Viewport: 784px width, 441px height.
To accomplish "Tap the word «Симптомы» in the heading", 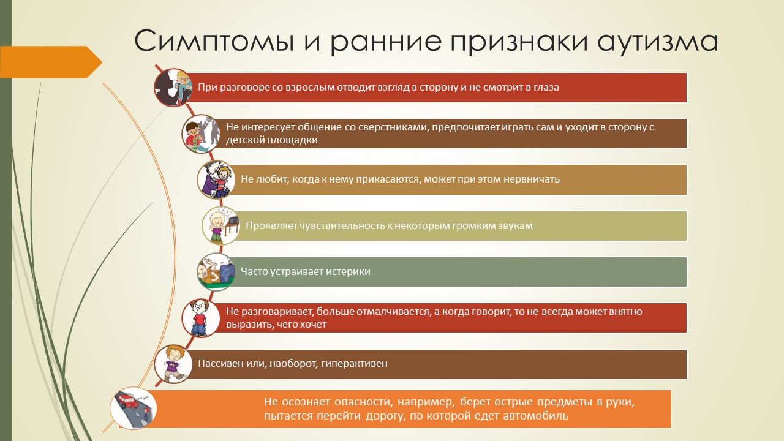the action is (x=214, y=41).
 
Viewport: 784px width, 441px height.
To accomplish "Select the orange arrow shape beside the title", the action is (x=51, y=62).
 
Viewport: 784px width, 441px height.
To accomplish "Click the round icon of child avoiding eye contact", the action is (x=173, y=88).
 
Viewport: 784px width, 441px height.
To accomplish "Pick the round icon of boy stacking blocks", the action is (x=201, y=134).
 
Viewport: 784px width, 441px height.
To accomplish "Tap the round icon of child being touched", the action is (x=216, y=179).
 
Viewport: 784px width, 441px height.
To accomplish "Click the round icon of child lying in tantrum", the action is (x=216, y=272).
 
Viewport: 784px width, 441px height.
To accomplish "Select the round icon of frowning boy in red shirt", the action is (x=201, y=318).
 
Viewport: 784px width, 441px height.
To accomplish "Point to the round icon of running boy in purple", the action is (x=173, y=364).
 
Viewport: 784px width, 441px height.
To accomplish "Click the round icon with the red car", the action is (x=133, y=408).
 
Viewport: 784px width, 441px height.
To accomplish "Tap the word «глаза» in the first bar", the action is (x=546, y=88).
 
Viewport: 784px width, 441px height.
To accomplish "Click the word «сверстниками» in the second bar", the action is (x=393, y=127).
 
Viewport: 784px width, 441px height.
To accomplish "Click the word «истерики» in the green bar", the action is (x=349, y=271).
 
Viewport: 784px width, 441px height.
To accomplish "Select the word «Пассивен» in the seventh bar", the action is (x=216, y=363).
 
